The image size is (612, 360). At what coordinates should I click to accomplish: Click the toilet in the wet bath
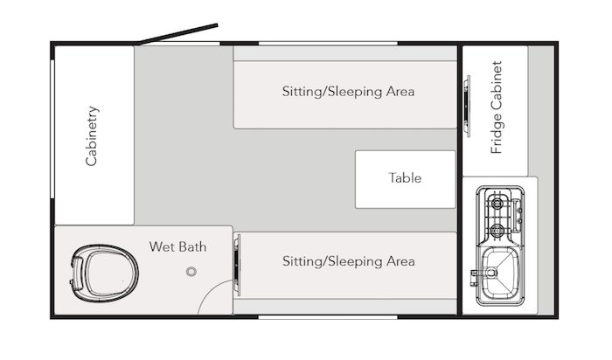point(104,273)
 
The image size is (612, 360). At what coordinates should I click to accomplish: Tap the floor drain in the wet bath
point(191,272)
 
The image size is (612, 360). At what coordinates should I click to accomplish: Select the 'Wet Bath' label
point(177,247)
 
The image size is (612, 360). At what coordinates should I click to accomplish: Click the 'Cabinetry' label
point(92,135)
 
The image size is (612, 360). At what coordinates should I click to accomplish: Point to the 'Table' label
point(405,178)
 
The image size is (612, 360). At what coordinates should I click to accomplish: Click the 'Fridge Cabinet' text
point(496,107)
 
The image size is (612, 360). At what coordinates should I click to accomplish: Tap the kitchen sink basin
point(500,273)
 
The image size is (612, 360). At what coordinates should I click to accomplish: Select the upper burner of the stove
point(497,204)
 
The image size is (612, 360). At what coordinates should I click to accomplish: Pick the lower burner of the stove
point(497,230)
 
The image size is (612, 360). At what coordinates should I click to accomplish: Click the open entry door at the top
point(178,34)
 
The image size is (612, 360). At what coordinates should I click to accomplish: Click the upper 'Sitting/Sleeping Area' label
point(348,92)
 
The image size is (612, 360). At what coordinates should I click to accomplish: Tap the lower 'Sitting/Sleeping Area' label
point(348,261)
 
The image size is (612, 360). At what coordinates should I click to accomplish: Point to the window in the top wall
point(328,44)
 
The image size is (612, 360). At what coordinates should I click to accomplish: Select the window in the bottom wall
point(328,317)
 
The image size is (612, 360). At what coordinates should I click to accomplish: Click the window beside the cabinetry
point(52,129)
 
